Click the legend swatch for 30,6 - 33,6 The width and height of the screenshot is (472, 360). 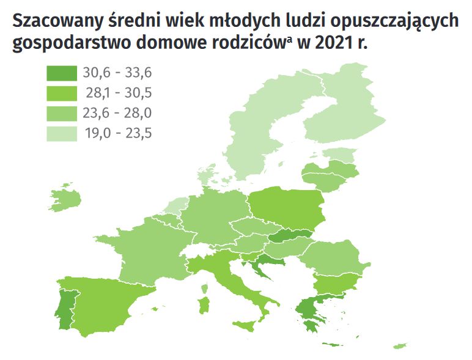(x=62, y=73)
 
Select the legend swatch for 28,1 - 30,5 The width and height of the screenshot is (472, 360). (x=62, y=93)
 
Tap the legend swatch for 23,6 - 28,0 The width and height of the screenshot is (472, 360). (x=62, y=113)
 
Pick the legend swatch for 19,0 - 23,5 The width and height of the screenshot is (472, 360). (x=62, y=133)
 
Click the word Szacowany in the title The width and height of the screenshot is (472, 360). (x=56, y=21)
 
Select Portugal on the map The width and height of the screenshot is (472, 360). (x=64, y=306)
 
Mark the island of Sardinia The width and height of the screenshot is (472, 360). (x=205, y=304)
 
